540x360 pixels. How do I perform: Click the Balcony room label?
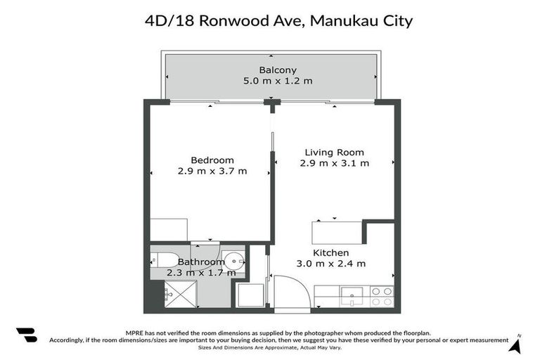tap(278, 70)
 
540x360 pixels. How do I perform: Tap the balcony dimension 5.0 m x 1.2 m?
tap(278, 81)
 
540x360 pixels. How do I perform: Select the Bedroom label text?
tap(212, 160)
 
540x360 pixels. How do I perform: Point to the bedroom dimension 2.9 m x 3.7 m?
tap(212, 171)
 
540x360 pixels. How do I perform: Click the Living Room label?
tap(334, 152)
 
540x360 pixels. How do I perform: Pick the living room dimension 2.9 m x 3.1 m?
tap(334, 163)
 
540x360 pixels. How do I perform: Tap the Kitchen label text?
tap(330, 252)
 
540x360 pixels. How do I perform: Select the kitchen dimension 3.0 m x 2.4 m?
tap(330, 264)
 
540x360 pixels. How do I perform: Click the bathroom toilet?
tap(166, 259)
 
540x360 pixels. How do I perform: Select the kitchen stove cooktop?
tap(382, 296)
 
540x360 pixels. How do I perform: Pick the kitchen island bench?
tap(337, 232)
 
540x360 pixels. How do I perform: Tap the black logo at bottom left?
tap(26, 335)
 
